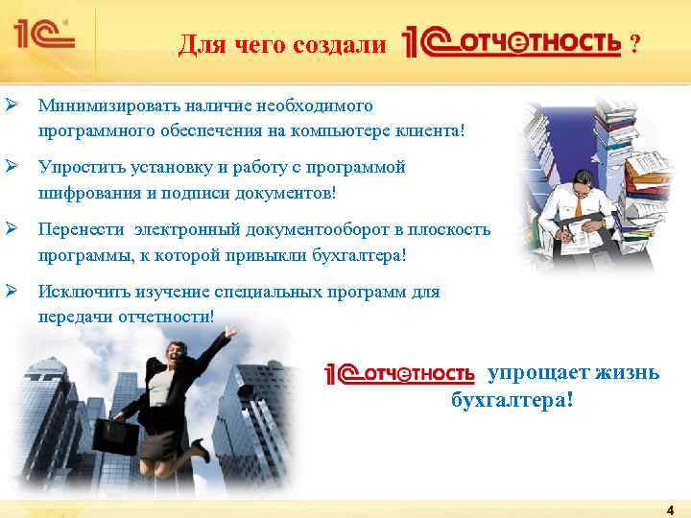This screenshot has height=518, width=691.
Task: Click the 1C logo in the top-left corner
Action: click(43, 37)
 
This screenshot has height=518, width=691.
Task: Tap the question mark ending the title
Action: click(633, 44)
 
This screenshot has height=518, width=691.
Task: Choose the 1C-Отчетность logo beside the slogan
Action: click(400, 373)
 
